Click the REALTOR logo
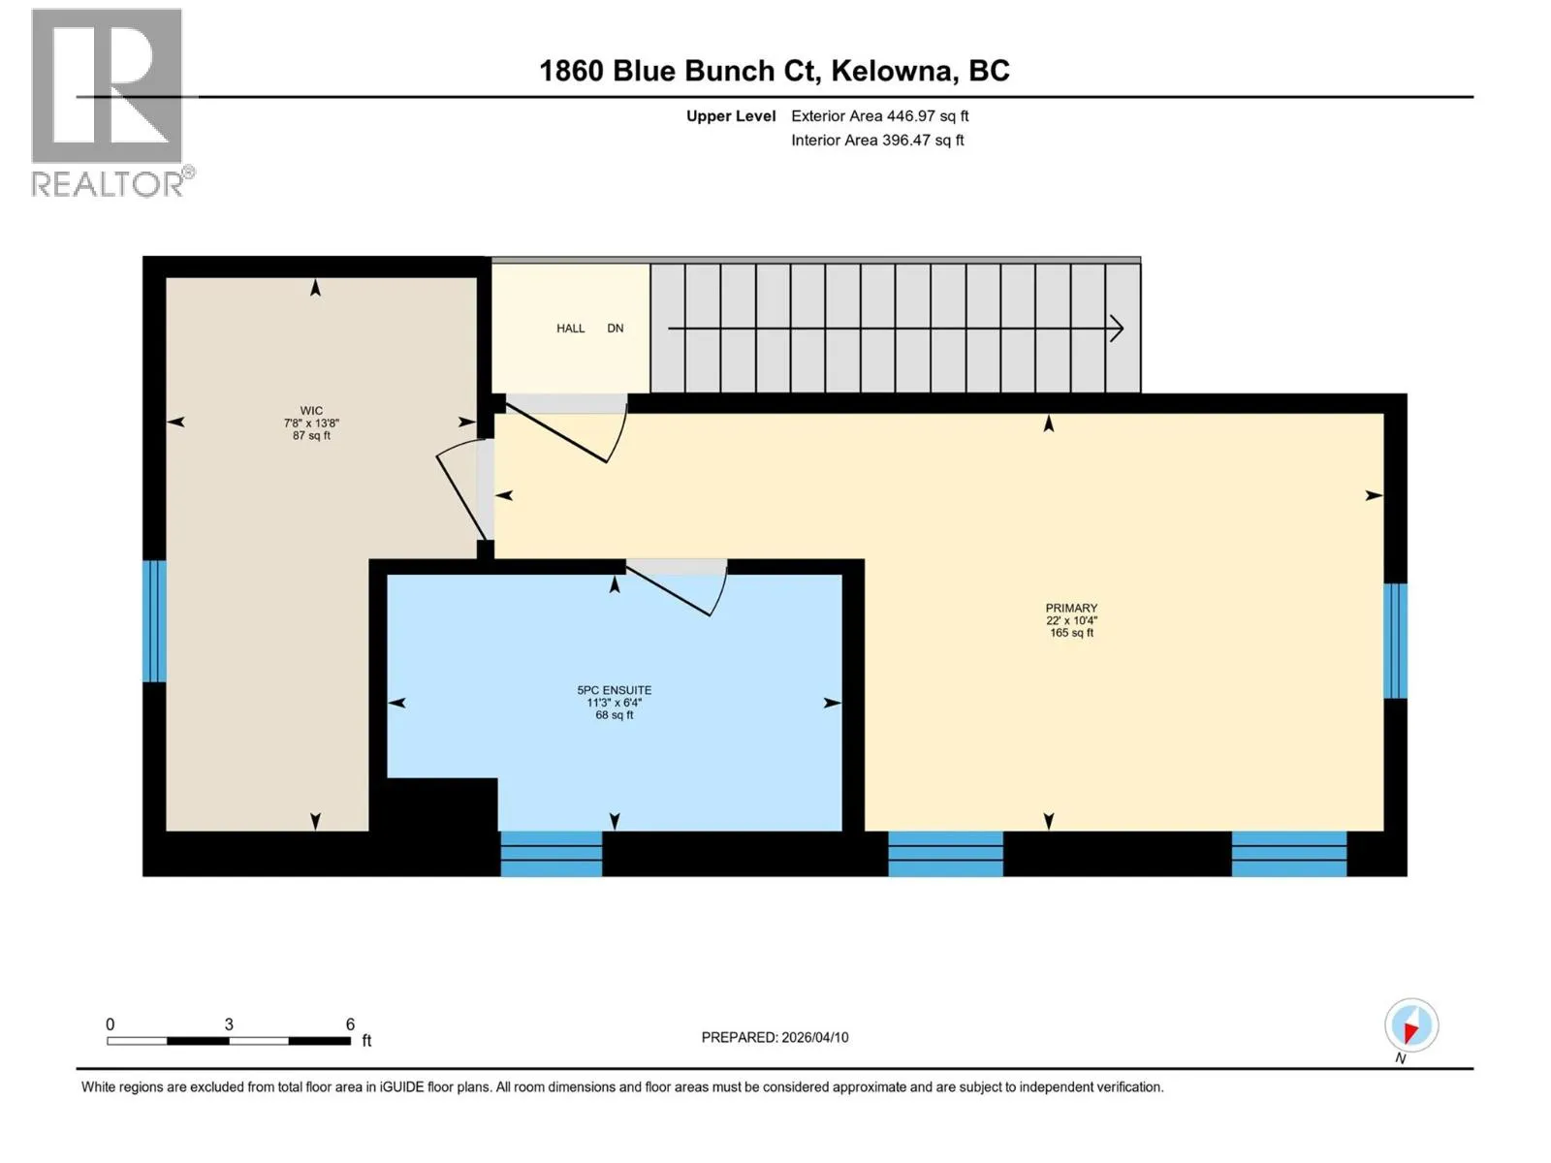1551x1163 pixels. (x=111, y=103)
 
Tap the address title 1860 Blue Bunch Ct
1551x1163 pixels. (x=680, y=72)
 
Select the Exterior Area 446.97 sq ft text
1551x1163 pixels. (x=880, y=115)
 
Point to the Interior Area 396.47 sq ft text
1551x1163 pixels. (x=877, y=140)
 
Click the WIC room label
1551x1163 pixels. (x=311, y=410)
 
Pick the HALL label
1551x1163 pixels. (x=570, y=329)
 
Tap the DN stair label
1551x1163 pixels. (x=615, y=329)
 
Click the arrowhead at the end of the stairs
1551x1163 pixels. (x=1117, y=329)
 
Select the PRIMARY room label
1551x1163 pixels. (x=1071, y=608)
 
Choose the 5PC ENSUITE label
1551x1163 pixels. (x=614, y=690)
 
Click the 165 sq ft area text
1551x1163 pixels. (x=1071, y=633)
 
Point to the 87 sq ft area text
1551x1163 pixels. (x=311, y=436)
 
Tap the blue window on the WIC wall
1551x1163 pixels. (x=154, y=621)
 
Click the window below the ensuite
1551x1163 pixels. (x=552, y=854)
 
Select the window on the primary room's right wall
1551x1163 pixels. (x=1395, y=641)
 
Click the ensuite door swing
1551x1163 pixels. (x=677, y=587)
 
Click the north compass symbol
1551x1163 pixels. (x=1411, y=1026)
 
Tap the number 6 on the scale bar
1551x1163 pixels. (x=350, y=1023)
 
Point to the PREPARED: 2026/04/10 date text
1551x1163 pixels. (x=775, y=1037)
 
